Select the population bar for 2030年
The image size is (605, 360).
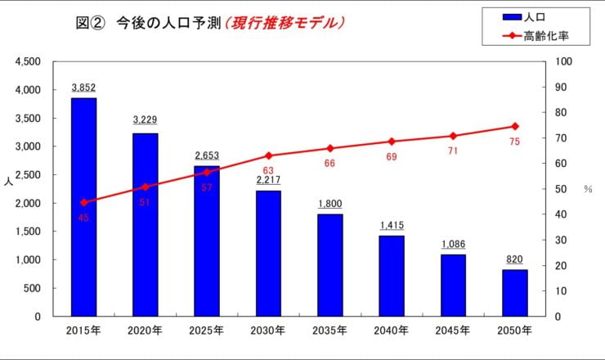pos(267,254)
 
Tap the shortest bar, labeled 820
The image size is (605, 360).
pos(515,293)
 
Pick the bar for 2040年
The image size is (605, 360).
pos(392,276)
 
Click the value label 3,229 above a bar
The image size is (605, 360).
pos(145,120)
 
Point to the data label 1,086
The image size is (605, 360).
pos(453,243)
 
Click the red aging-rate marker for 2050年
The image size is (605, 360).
pos(515,126)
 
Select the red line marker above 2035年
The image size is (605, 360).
pos(330,148)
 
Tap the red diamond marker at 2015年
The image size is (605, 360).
pos(83,202)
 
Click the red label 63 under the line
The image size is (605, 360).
pos(267,170)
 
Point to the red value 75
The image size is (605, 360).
pos(515,142)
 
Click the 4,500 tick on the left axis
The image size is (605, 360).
pos(29,61)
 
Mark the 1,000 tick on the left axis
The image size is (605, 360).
pos(29,260)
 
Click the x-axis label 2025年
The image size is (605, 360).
pos(206,331)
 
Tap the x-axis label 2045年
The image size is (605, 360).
pos(453,331)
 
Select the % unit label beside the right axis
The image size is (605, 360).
pos(587,189)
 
